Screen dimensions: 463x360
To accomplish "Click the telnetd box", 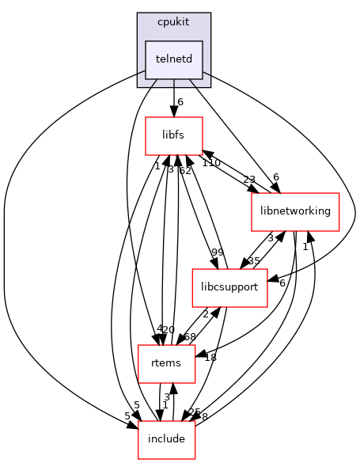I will [173, 59].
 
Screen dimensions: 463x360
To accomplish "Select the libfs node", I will [174, 135].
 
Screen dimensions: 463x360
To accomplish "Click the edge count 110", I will [210, 162].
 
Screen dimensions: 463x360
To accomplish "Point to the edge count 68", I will [190, 336].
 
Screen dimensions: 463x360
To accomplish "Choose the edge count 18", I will [210, 358].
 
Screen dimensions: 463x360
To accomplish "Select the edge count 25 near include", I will [194, 412].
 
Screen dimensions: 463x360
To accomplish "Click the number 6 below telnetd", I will [180, 102].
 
